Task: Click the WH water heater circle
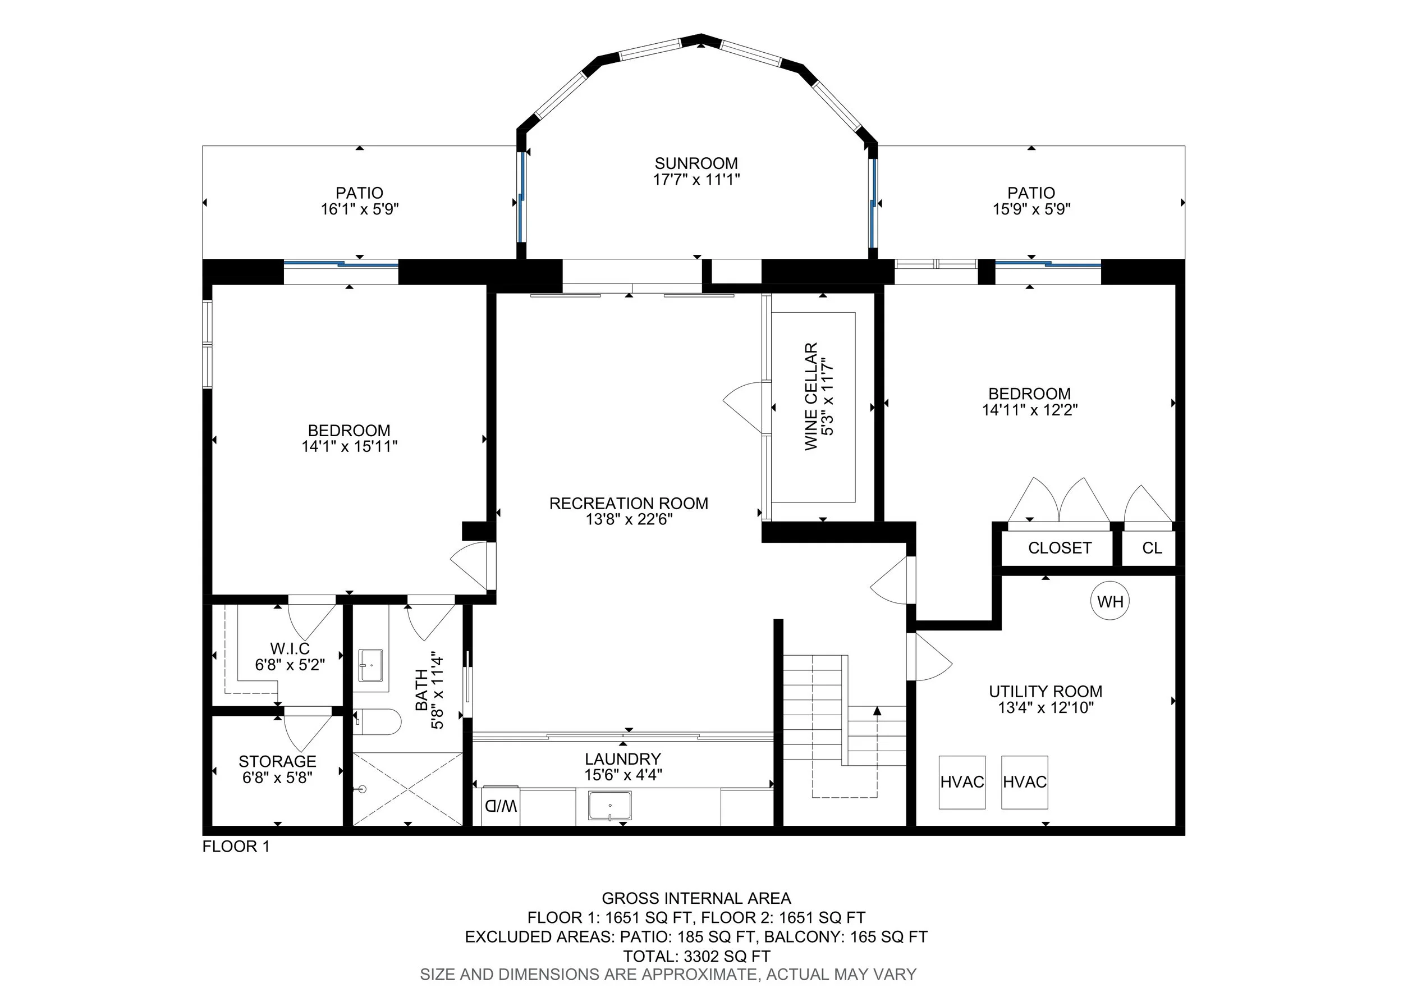[x=1109, y=601]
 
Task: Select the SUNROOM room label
[x=696, y=163]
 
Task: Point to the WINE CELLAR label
[x=811, y=397]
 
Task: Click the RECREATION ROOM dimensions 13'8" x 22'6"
[x=629, y=519]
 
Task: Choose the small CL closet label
[x=1152, y=547]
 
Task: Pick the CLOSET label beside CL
[x=1060, y=547]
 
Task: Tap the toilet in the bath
[x=377, y=721]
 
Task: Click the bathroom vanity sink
[x=370, y=665]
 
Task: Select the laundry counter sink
[x=610, y=806]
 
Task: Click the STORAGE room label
[x=277, y=762]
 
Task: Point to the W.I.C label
[x=290, y=648]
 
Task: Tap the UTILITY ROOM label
[x=1046, y=691]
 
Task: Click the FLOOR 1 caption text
[x=236, y=847]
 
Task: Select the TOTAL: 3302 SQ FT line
[x=696, y=957]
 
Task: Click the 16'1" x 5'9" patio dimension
[x=360, y=209]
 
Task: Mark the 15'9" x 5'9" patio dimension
[x=1031, y=209]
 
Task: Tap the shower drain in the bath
[x=362, y=789]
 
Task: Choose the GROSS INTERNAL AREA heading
[x=696, y=898]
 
